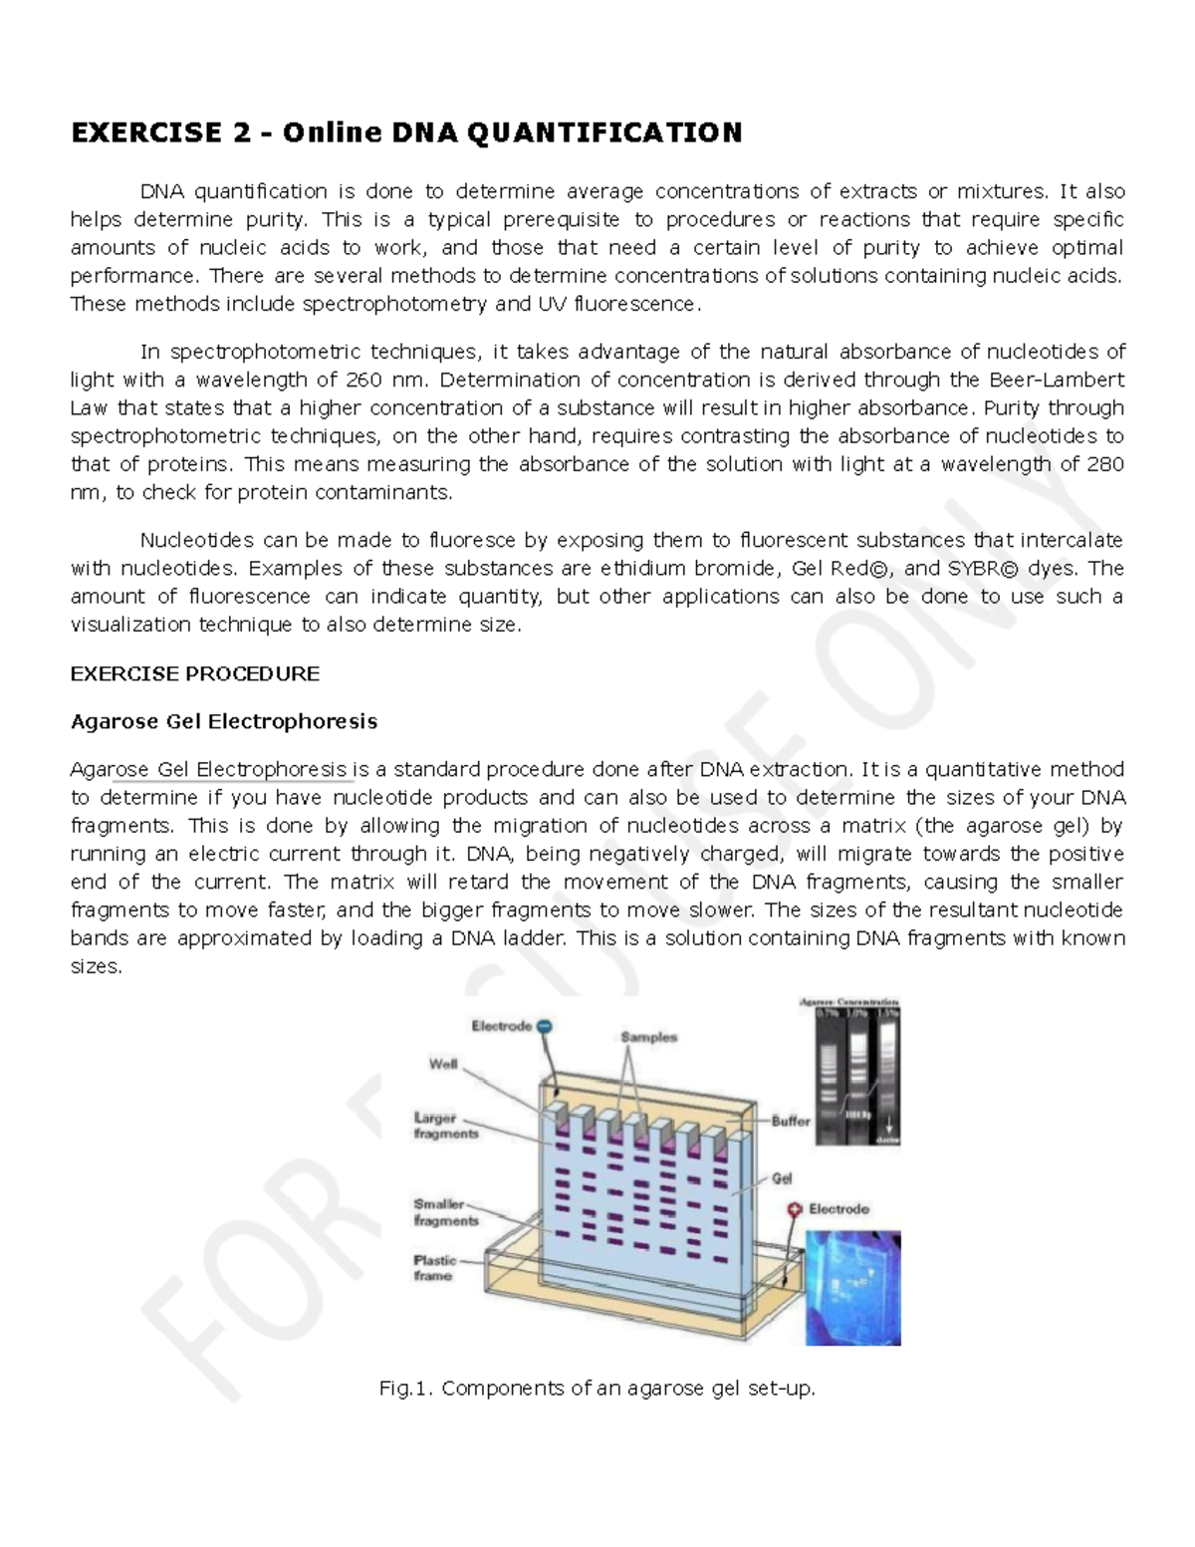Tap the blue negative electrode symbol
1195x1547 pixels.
[544, 1026]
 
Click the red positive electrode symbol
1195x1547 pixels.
[795, 1208]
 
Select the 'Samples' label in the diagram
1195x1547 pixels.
[648, 1037]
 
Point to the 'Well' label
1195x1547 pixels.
[443, 1064]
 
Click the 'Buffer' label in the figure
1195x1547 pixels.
[791, 1121]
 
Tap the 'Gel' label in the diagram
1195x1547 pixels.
[782, 1178]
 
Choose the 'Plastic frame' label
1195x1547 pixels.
[434, 1267]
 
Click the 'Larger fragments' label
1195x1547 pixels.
[445, 1126]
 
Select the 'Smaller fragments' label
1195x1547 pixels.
[445, 1212]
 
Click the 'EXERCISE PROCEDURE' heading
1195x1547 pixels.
[194, 673]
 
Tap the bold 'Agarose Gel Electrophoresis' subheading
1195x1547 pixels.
[223, 721]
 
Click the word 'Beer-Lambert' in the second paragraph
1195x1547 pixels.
[1057, 380]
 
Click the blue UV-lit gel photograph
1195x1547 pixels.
[852, 1288]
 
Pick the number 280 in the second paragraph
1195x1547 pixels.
[1105, 464]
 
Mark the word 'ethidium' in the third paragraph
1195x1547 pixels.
[643, 569]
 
